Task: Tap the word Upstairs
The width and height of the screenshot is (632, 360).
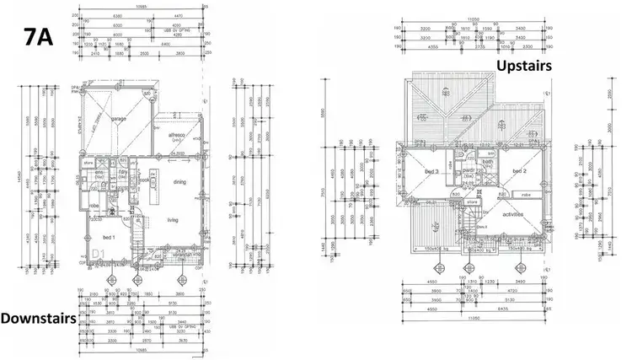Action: click(x=525, y=65)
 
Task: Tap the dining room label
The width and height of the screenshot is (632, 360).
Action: click(x=179, y=181)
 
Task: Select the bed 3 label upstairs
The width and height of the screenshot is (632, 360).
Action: click(x=432, y=171)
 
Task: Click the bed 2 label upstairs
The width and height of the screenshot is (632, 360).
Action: click(x=518, y=171)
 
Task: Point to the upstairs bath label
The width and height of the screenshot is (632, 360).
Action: click(x=487, y=162)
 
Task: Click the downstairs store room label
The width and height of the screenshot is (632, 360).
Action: click(x=87, y=164)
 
